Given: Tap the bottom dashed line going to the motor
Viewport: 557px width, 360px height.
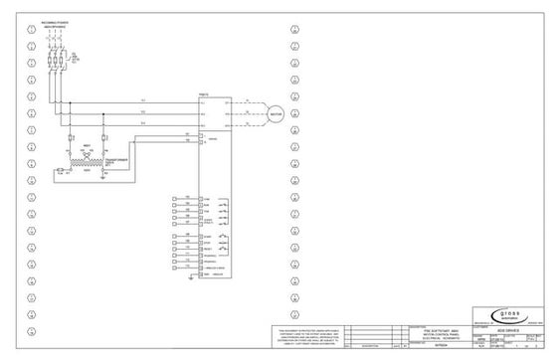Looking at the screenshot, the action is pos(244,126).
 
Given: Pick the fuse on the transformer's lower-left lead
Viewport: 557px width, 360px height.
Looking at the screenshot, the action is pos(61,171).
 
